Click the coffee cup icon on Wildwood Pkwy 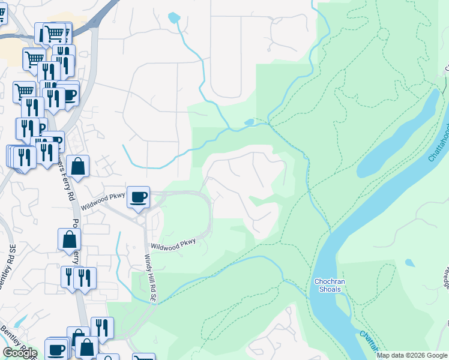pos(139,197)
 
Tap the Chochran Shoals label pos(327,285)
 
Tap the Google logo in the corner pos(20,353)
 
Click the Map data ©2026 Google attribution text pos(412,355)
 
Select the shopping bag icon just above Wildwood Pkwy pos(78,167)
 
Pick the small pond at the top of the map pos(174,17)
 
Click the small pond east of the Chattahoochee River pos(409,263)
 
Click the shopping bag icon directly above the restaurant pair pos(70,239)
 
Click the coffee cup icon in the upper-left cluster pos(69,95)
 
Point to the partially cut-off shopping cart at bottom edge pos(144,358)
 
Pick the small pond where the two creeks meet pos(249,123)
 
